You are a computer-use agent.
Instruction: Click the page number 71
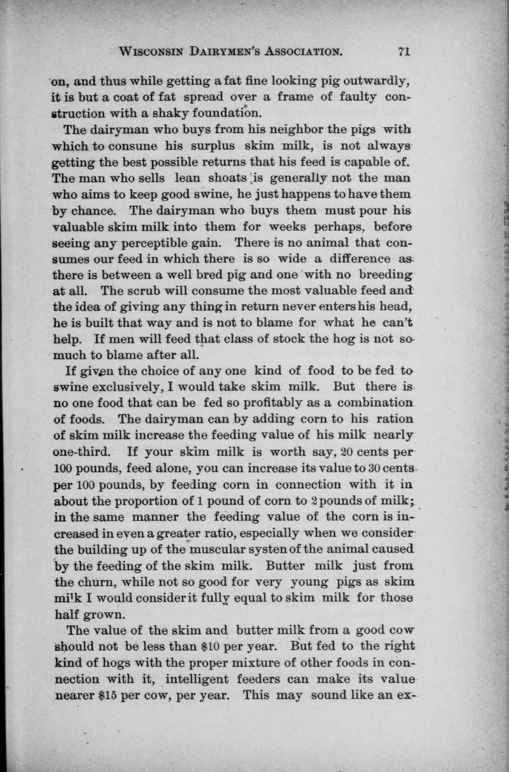(404, 51)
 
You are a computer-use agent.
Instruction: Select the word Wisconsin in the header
(153, 52)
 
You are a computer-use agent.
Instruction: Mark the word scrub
(148, 291)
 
